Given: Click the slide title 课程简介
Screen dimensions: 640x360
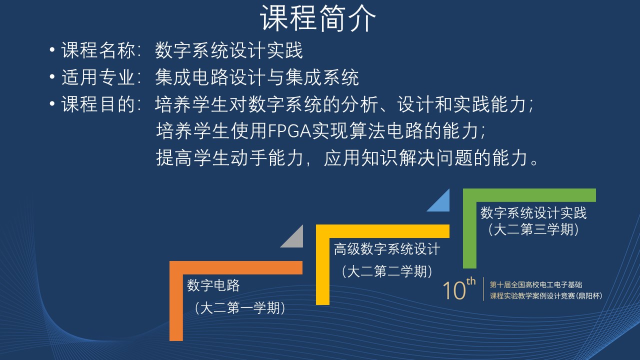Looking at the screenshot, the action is tap(317, 18).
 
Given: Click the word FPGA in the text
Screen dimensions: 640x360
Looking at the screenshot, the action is tap(289, 131).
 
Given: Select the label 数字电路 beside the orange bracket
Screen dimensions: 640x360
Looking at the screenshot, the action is tap(213, 285).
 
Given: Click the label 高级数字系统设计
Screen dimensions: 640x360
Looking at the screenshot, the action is tap(387, 249).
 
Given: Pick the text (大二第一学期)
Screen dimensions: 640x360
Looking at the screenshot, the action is tap(240, 308).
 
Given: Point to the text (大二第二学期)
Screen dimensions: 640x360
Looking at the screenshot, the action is tap(387, 271).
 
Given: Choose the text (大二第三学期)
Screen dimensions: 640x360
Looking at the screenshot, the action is tap(533, 229).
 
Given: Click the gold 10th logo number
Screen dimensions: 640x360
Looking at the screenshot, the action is tap(459, 289).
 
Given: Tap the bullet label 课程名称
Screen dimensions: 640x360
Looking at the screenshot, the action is tap(98, 50).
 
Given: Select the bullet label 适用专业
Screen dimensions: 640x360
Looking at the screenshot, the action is tap(98, 77).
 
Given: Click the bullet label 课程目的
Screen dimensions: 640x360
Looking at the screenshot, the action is tap(98, 104).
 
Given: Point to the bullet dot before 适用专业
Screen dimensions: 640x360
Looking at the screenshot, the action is tap(52, 76).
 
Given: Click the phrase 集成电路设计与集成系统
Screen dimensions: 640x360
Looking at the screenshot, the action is tap(257, 77).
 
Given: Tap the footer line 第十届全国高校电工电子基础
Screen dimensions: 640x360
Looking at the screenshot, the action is tap(535, 284).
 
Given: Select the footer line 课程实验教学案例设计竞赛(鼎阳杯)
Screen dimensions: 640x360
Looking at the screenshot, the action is tap(546, 295).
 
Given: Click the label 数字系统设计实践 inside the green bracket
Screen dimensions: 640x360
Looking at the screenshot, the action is tap(533, 213).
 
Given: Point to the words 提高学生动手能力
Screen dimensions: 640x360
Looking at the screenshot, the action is tap(229, 157).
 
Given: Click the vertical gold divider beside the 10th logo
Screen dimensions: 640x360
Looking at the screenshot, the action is tap(483, 289).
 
